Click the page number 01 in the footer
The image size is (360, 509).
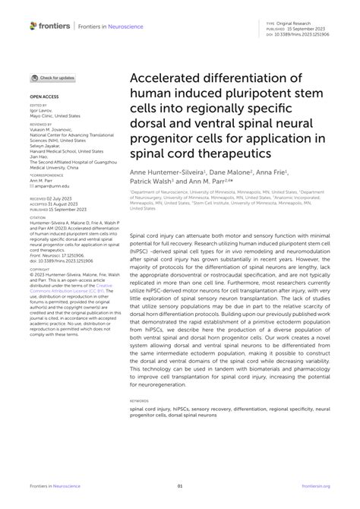click(180, 485)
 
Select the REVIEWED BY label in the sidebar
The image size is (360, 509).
click(41, 122)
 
